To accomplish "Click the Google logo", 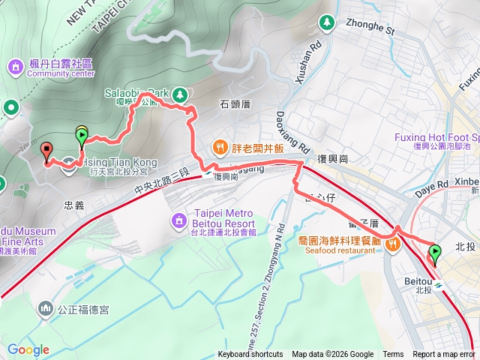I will click(x=28, y=349).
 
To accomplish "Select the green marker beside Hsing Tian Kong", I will click(x=82, y=136).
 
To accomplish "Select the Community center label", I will click(x=61, y=73).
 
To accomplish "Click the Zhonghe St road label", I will click(x=370, y=28).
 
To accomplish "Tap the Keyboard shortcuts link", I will click(x=250, y=355).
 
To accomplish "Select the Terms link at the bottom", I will click(x=393, y=355).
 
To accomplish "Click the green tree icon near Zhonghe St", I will click(x=327, y=23).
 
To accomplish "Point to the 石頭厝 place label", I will click(x=235, y=105).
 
